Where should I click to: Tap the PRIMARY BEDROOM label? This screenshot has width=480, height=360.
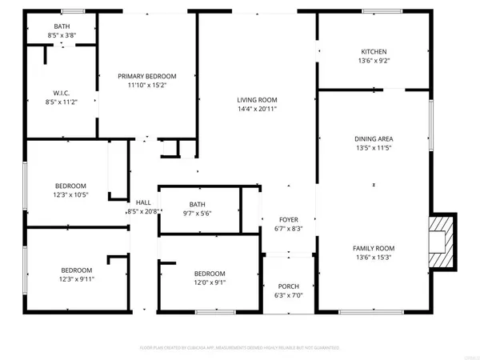147,76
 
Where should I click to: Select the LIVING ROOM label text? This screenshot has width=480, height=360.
257,100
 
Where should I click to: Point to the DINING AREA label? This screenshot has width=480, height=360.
374,138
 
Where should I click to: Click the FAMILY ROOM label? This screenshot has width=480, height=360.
374,248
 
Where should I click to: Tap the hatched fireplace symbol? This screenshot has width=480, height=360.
441,243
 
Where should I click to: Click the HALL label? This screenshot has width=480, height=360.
143,202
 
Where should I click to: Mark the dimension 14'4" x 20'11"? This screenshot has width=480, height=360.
257,110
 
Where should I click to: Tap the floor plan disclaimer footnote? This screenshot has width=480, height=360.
240,348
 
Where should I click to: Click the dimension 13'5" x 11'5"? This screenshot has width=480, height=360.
374,148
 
